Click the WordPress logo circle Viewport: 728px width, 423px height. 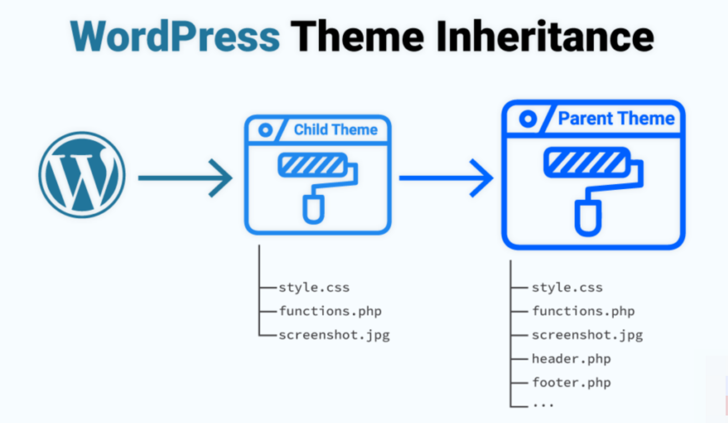click(82, 175)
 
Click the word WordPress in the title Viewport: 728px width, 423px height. click(175, 37)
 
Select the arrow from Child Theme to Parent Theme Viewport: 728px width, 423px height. click(446, 178)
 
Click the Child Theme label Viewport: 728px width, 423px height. click(335, 130)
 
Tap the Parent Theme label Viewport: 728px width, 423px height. click(616, 118)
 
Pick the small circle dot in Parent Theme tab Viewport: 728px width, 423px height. click(528, 118)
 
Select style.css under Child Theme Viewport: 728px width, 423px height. click(314, 288)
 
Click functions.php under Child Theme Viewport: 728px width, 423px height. click(330, 311)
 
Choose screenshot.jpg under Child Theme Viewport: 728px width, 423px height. click(334, 335)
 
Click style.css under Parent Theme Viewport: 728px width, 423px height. click(567, 288)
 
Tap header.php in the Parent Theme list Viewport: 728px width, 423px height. click(571, 359)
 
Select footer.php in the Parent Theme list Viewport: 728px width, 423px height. click(571, 383)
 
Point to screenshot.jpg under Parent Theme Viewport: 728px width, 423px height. click(587, 335)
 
